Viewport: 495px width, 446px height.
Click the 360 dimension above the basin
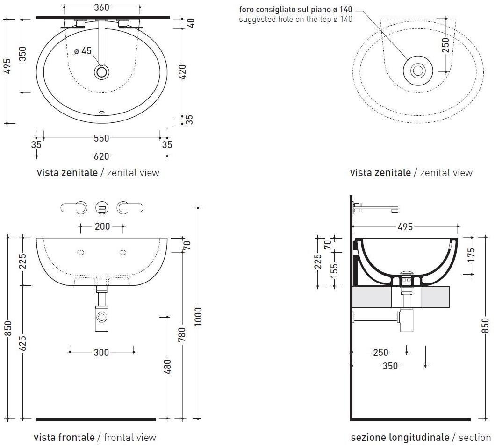(101, 7)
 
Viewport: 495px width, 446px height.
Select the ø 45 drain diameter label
(83, 51)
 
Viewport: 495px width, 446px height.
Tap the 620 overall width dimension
(101, 156)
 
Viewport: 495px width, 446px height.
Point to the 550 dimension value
(101, 138)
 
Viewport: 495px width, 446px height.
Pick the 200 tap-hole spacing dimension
(102, 227)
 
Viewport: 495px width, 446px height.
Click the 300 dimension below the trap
(101, 352)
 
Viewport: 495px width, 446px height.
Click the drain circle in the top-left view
(101, 72)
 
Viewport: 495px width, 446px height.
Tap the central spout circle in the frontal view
(102, 207)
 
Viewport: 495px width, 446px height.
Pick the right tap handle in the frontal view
(129, 207)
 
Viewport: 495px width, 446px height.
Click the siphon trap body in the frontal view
(101, 318)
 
